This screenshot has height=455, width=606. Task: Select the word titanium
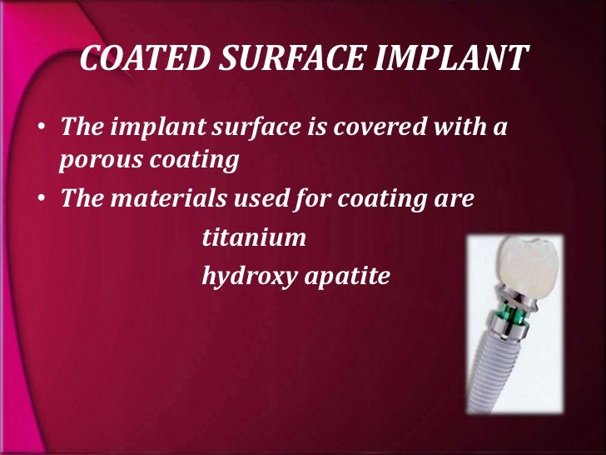[254, 238]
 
